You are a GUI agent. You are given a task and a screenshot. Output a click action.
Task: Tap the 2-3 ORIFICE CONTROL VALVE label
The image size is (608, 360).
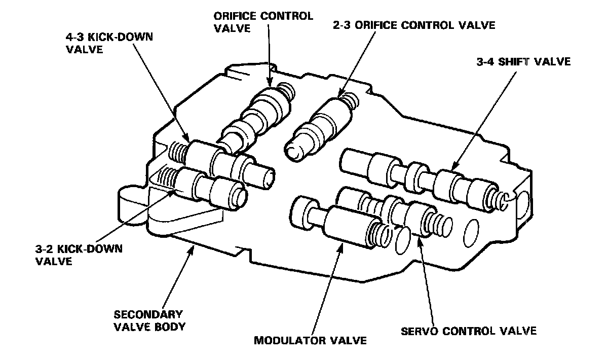[x=413, y=25]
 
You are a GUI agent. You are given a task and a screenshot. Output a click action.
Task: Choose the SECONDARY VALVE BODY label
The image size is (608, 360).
[x=149, y=320]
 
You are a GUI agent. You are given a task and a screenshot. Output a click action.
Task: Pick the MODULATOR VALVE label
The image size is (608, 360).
[x=310, y=340]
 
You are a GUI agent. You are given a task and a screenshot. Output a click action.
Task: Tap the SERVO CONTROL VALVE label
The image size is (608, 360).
[x=469, y=332]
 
